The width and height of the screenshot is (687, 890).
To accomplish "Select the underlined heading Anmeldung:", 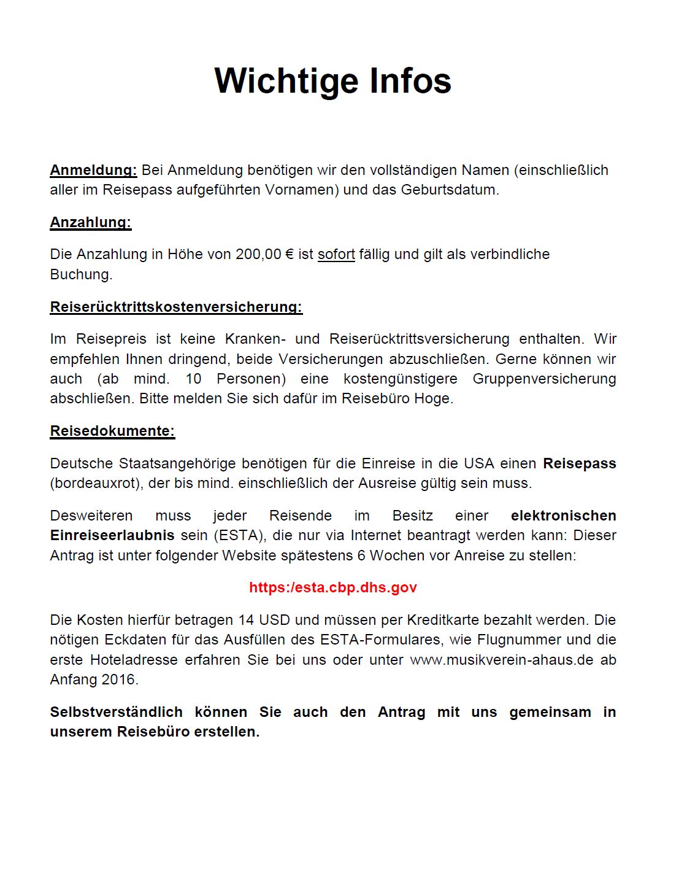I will [x=93, y=170].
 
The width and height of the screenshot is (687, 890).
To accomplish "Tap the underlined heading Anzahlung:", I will [x=91, y=222].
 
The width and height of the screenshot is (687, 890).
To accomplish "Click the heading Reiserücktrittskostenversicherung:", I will [x=176, y=307].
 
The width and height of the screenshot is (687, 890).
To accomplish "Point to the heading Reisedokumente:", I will [x=112, y=431].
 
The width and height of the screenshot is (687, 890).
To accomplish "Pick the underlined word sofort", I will [x=336, y=254].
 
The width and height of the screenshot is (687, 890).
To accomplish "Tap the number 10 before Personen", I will [x=193, y=379].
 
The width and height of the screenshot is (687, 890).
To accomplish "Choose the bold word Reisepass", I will [x=579, y=463].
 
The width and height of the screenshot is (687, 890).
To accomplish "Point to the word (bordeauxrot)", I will [x=97, y=483].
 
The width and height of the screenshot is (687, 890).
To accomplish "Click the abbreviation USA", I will [x=478, y=463].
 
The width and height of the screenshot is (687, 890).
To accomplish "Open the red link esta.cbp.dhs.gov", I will [x=333, y=587].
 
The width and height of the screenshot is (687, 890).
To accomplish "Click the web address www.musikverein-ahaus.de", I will [x=502, y=660].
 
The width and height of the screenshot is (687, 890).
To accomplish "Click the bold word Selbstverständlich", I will [x=117, y=712].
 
